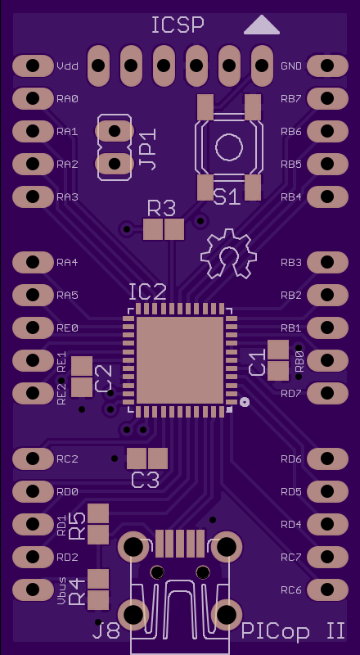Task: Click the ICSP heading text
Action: click(x=178, y=25)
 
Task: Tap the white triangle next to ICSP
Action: click(x=262, y=25)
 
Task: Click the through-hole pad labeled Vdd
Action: click(x=33, y=65)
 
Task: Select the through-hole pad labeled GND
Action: click(x=327, y=65)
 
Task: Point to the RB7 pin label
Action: click(x=291, y=99)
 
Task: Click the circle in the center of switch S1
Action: click(x=229, y=147)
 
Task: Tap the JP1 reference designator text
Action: click(x=147, y=149)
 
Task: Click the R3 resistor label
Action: click(x=162, y=209)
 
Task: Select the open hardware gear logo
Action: click(x=228, y=254)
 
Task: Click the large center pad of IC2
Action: click(x=180, y=360)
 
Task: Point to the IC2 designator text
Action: click(x=147, y=292)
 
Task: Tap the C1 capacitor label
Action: click(x=257, y=362)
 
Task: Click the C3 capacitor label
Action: click(x=146, y=480)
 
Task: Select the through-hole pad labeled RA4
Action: click(x=33, y=262)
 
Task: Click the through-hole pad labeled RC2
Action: click(x=33, y=458)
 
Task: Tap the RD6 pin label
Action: click(x=291, y=459)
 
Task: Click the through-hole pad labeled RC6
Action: click(x=327, y=589)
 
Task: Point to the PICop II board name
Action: click(x=293, y=631)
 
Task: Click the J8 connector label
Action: click(x=106, y=631)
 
